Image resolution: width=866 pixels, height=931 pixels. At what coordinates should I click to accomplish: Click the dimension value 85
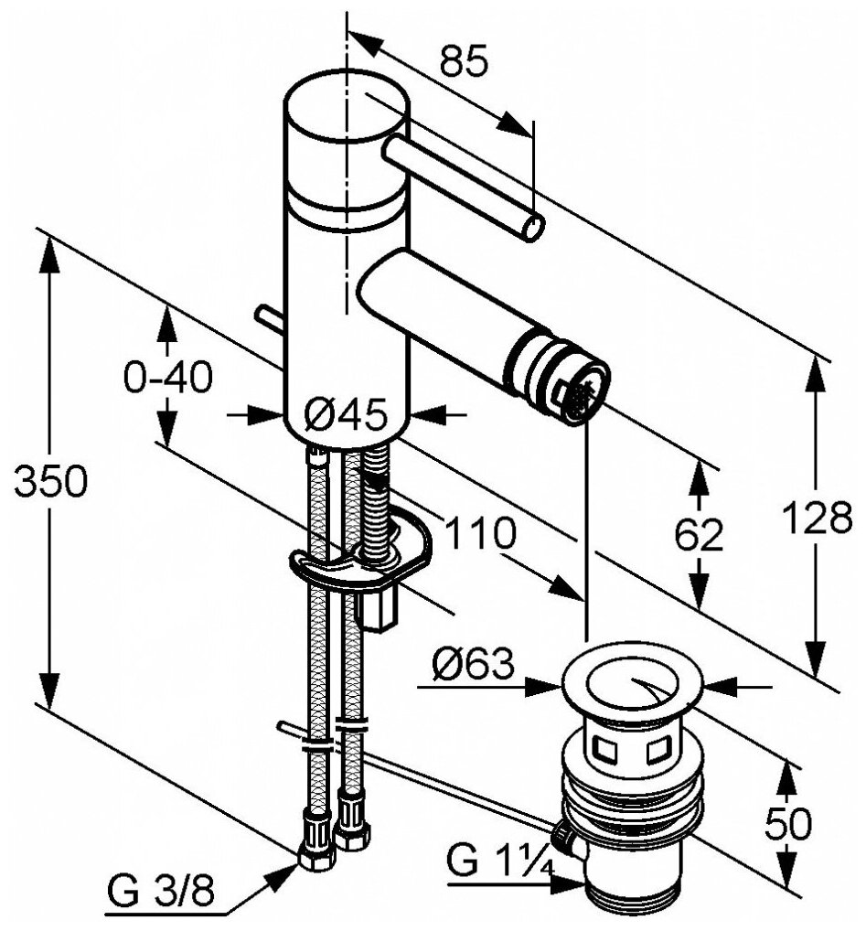coord(464,61)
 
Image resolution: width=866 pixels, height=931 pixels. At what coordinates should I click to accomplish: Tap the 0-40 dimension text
coord(168,377)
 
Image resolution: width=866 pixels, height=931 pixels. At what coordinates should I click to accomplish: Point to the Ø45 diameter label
coord(345,414)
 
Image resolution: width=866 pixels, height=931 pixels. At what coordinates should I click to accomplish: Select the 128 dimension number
coord(817,519)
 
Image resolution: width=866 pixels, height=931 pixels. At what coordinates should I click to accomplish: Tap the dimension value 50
coord(786,824)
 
